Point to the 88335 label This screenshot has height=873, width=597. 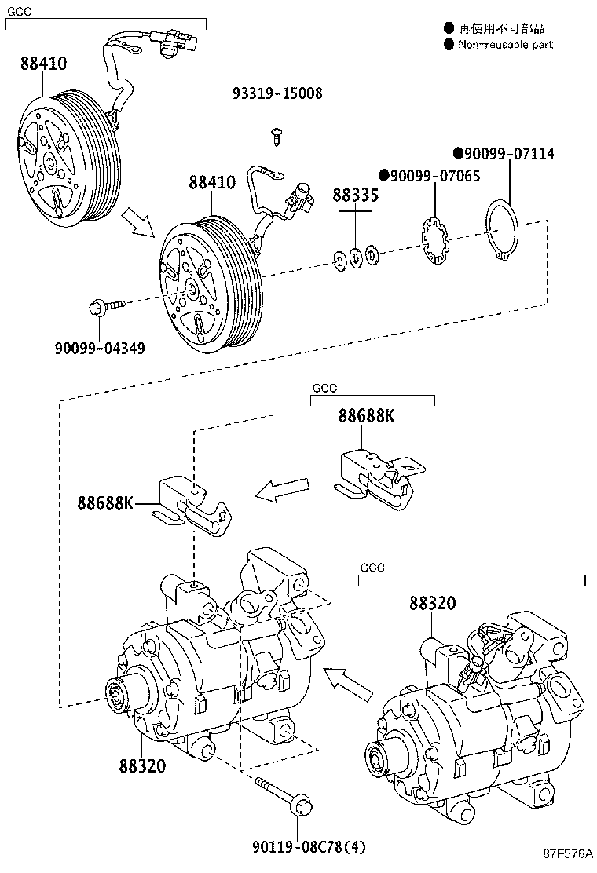point(355,195)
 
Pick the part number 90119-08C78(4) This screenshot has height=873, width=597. point(298,847)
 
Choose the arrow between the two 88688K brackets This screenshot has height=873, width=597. point(282,491)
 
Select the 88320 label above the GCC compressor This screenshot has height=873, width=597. point(431,603)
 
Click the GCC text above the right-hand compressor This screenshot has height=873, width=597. point(372,567)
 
